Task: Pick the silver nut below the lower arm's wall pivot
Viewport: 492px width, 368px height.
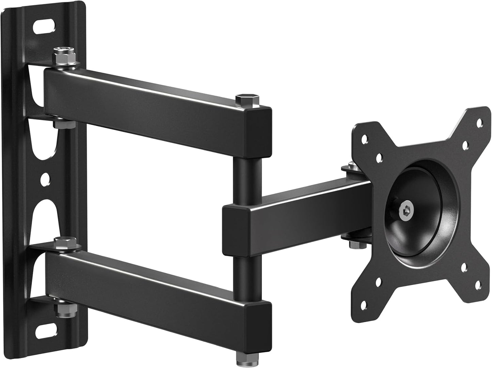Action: point(61,310)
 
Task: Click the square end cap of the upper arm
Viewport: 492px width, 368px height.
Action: point(259,131)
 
